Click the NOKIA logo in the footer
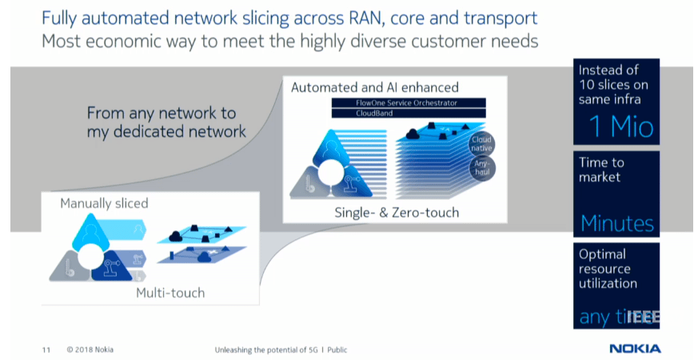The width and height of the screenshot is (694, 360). click(x=635, y=349)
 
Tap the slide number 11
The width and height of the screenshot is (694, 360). click(x=46, y=350)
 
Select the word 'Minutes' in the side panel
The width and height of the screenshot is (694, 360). click(x=616, y=223)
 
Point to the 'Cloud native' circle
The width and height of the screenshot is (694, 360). click(x=483, y=143)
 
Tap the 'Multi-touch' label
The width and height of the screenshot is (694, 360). click(x=170, y=293)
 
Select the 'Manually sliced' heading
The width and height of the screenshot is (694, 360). click(x=104, y=203)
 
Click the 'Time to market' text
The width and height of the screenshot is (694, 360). click(x=601, y=170)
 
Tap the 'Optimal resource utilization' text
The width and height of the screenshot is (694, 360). click(x=608, y=269)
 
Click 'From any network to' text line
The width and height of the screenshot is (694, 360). click(x=163, y=114)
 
